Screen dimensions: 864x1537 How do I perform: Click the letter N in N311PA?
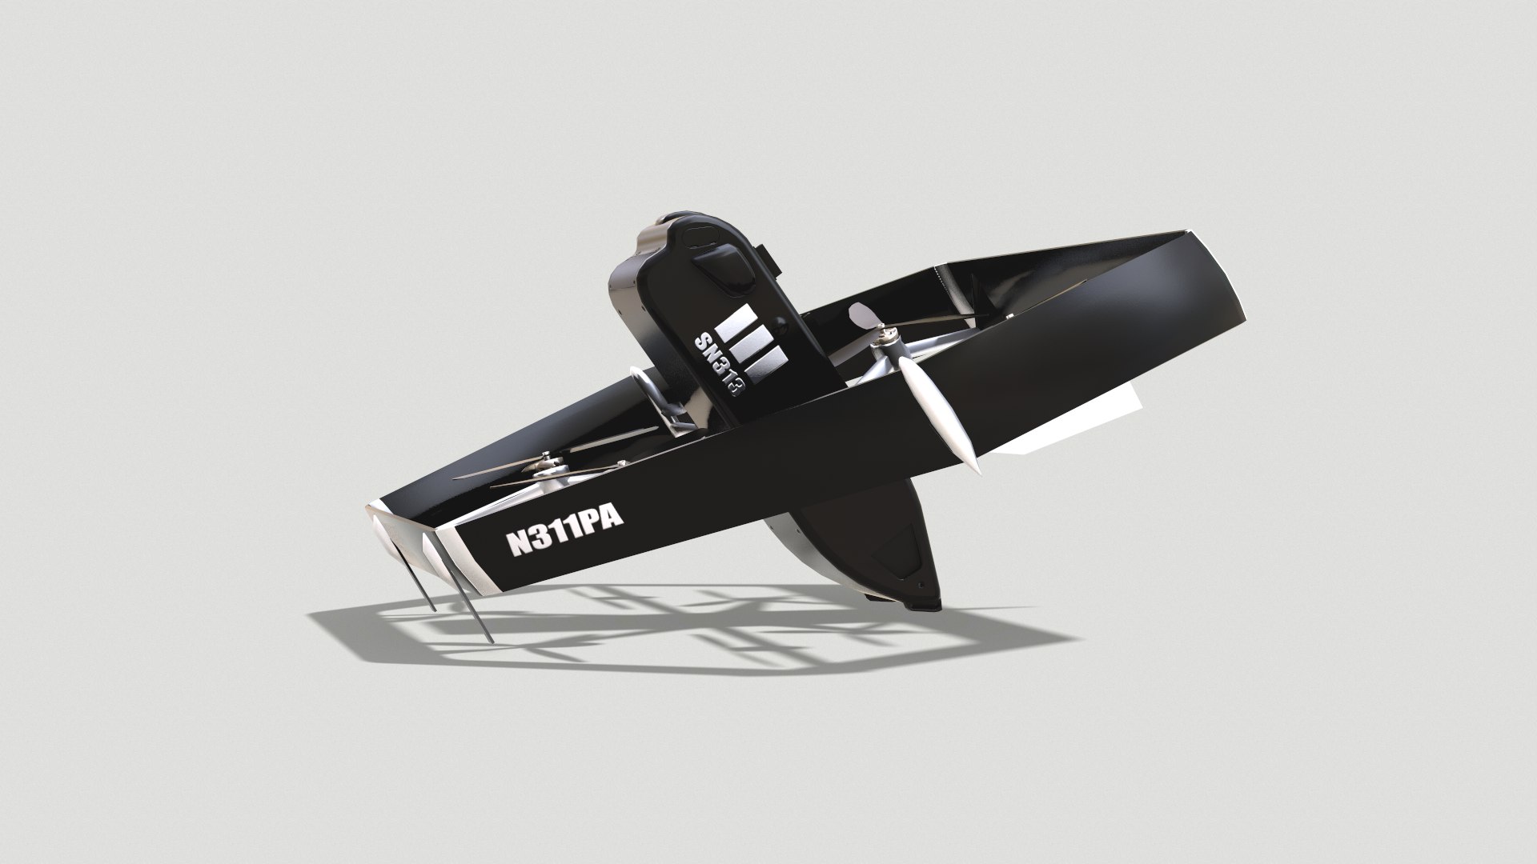(x=518, y=544)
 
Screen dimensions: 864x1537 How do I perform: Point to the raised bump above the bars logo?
(x=720, y=268)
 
